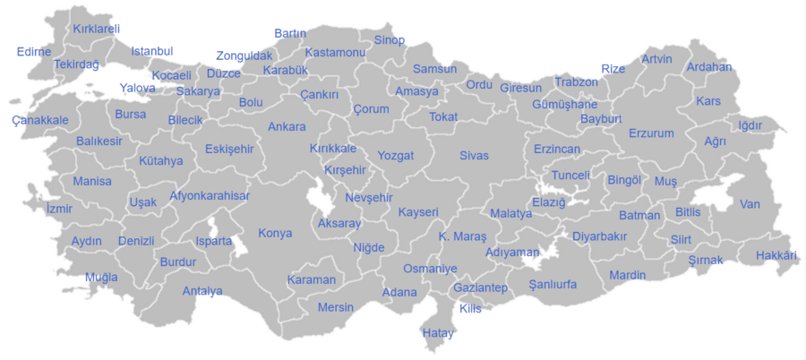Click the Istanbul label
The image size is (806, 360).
point(152,51)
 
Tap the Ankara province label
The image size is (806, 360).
point(287,126)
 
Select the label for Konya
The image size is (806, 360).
point(275,234)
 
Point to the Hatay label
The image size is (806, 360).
point(438,333)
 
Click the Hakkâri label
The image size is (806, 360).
point(776,256)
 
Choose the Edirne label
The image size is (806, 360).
point(34,51)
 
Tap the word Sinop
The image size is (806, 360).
point(390,40)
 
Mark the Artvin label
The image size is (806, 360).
point(656,60)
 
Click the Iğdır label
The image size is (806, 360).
point(750,125)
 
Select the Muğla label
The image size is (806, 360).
point(101,277)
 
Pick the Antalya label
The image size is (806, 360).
point(202,291)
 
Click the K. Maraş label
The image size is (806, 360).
point(462,237)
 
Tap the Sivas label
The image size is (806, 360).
point(474,156)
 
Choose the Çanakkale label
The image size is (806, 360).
point(40,120)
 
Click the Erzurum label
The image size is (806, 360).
point(651,133)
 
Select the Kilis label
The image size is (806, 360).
point(470,308)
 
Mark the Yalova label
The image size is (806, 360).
point(137,88)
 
